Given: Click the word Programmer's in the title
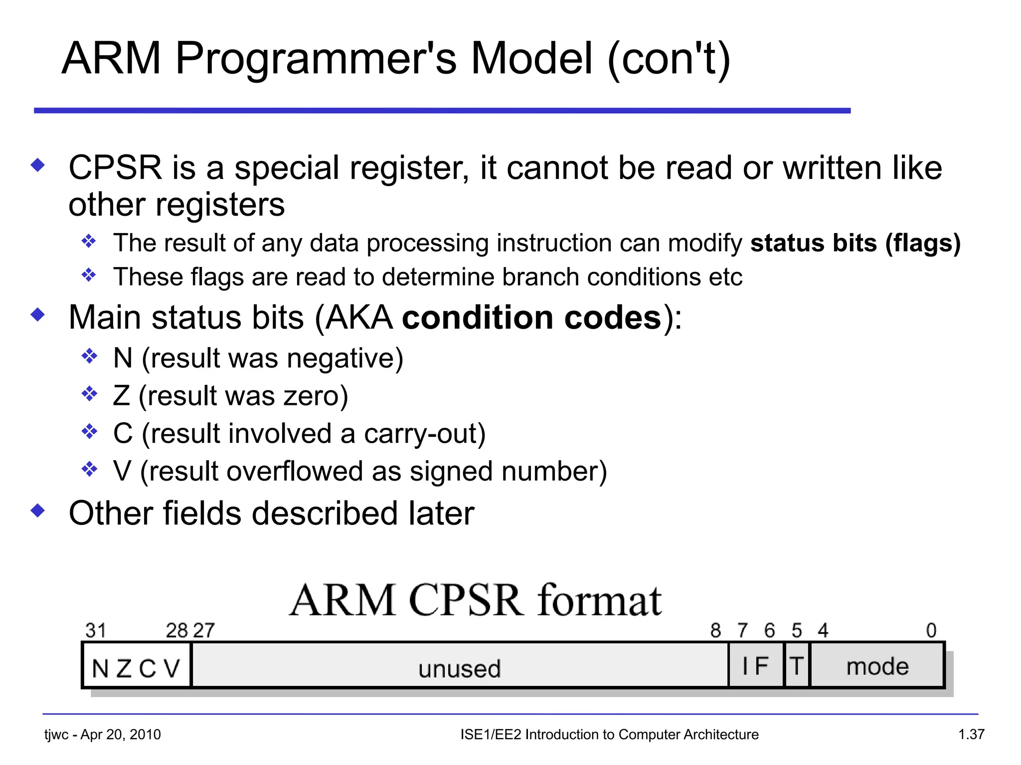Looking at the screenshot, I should (315, 59).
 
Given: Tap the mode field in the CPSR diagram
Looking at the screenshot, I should (877, 666).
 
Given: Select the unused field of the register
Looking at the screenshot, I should (459, 667).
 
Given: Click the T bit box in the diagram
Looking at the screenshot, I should (797, 666).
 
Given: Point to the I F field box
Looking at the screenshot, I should (756, 666).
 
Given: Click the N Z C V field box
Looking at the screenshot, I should (136, 667).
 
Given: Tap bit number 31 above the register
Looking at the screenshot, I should (96, 631).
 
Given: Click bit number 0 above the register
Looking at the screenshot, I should (931, 631).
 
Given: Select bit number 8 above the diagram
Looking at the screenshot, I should (715, 631).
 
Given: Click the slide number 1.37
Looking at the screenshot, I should (971, 734).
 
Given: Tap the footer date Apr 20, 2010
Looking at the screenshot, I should (121, 735).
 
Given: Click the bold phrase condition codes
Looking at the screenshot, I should (531, 318).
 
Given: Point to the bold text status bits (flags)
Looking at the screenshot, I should (855, 243).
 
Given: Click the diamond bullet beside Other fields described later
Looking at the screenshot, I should (38, 510).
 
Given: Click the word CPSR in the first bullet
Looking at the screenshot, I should (115, 167).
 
